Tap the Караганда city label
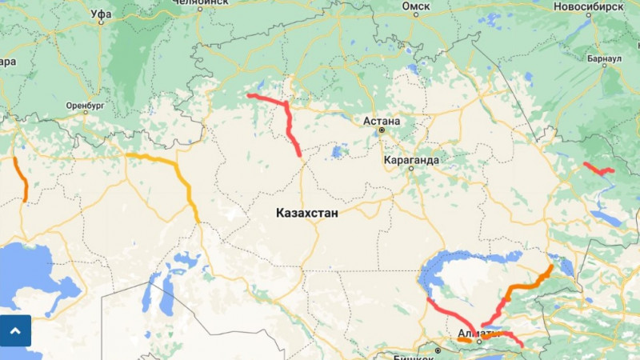tap(411, 160)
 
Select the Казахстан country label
tap(306, 214)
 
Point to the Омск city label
tap(416, 6)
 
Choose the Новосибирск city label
tap(587, 6)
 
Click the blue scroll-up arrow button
tap(16, 330)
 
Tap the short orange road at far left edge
tap(22, 180)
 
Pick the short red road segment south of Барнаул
tap(598, 169)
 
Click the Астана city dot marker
tap(382, 130)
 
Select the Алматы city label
tap(478, 334)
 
